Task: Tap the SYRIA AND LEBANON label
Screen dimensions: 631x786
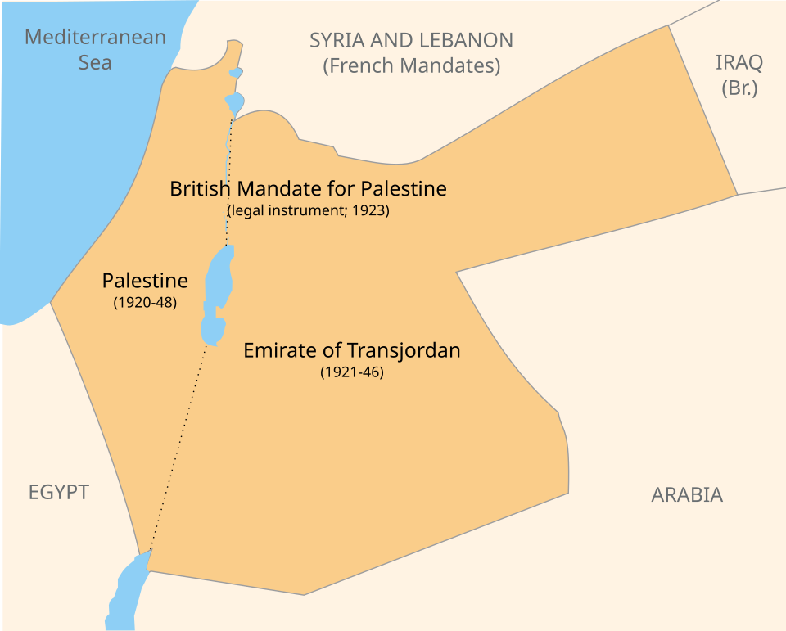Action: pyautogui.click(x=411, y=40)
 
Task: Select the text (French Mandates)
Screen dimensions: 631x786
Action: pyautogui.click(x=411, y=66)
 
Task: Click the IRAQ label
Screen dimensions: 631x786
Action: pyautogui.click(x=739, y=62)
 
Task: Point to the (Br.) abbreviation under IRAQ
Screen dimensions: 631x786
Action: pyautogui.click(x=739, y=88)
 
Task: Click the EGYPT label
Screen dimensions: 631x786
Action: pyautogui.click(x=58, y=492)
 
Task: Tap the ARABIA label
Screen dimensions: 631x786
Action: pyautogui.click(x=687, y=494)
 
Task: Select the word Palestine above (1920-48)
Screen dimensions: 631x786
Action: pyautogui.click(x=145, y=281)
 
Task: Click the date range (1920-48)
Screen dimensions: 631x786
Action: pyautogui.click(x=145, y=303)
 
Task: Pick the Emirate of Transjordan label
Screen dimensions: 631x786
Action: pyautogui.click(x=352, y=350)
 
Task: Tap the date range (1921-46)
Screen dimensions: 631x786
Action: pyautogui.click(x=352, y=372)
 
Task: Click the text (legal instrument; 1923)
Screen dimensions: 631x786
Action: pyautogui.click(x=308, y=210)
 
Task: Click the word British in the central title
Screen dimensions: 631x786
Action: pyautogui.click(x=199, y=189)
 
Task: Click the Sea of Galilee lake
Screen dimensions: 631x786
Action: pyautogui.click(x=234, y=103)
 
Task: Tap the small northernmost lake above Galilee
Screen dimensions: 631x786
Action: pyautogui.click(x=236, y=73)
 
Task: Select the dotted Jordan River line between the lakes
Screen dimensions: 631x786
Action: pyautogui.click(x=229, y=180)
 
